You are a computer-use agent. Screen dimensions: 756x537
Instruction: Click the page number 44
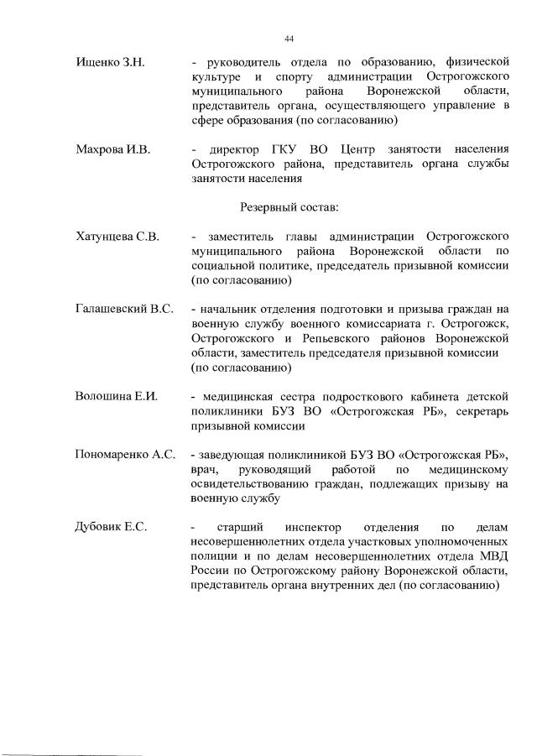tap(289, 39)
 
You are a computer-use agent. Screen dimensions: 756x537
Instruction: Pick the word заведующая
tap(237, 455)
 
